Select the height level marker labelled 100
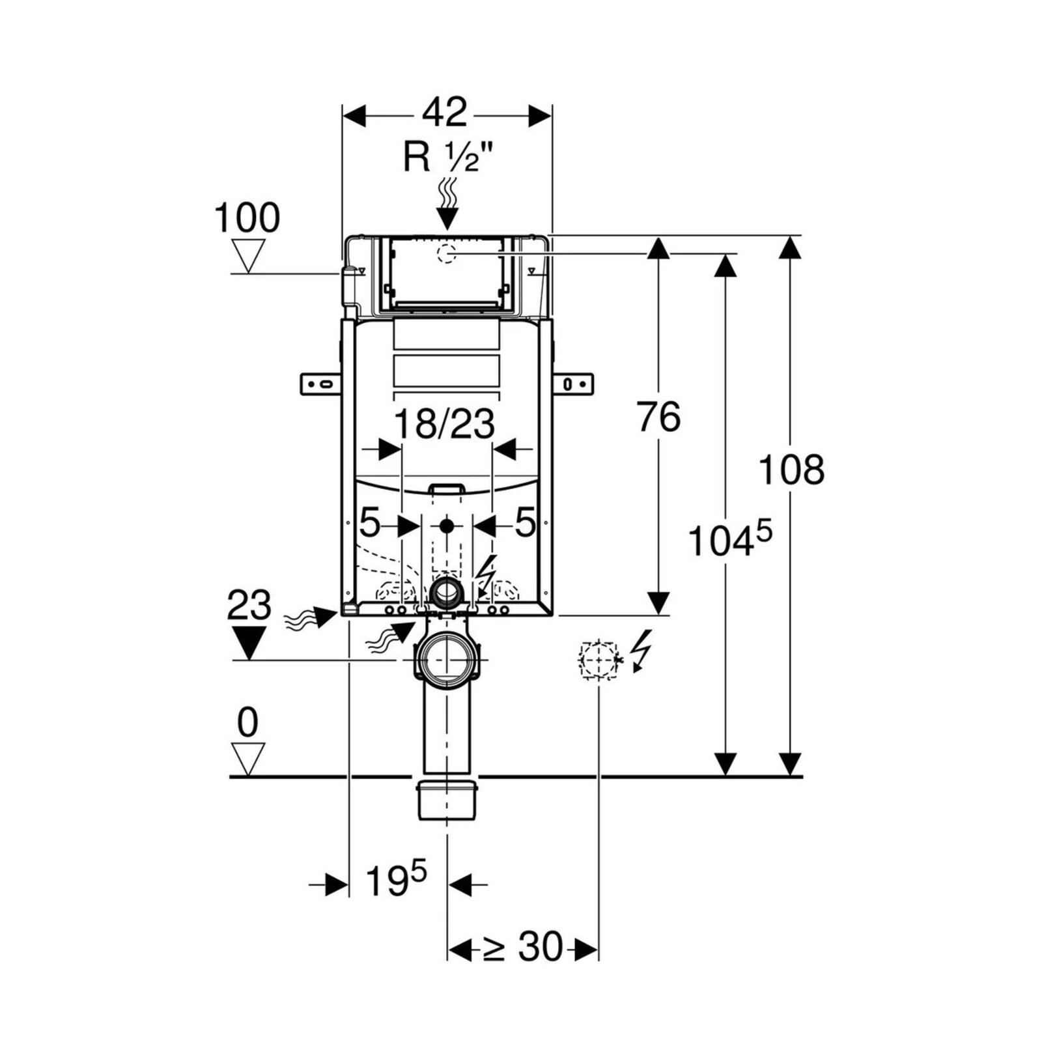pos(247,218)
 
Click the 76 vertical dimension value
pos(659,417)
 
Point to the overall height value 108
pos(791,470)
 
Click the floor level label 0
pos(247,722)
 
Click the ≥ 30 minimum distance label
pos(522,947)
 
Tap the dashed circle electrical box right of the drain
pos(598,660)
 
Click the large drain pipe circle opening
pos(447,659)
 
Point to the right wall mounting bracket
pos(574,384)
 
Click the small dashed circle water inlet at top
pos(447,252)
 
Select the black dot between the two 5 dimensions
pos(447,524)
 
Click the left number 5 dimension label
pos(369,523)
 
